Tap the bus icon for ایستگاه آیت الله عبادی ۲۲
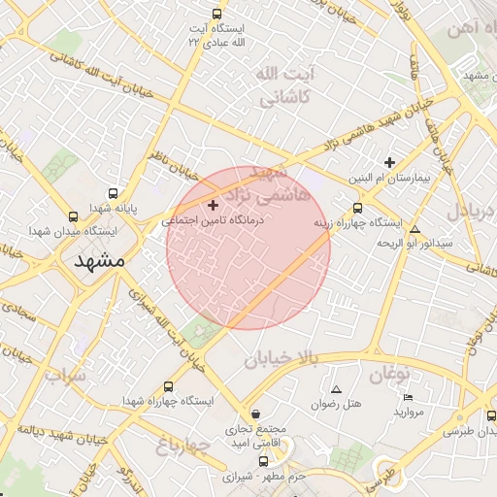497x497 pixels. [x=216, y=15]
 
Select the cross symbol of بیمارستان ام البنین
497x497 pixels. [x=390, y=162]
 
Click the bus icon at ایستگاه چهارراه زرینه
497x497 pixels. [x=358, y=208]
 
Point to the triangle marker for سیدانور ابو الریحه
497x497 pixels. [x=415, y=229]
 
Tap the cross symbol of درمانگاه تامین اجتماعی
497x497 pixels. [x=214, y=205]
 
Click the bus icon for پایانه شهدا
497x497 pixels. [x=114, y=194]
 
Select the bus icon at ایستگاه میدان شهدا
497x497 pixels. [x=73, y=216]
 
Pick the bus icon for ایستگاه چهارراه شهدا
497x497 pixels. [x=170, y=386]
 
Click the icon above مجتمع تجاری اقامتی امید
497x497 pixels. [x=254, y=414]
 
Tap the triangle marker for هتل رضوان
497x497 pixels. [x=337, y=389]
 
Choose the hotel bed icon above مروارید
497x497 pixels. [x=408, y=398]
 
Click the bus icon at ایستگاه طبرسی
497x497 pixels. [x=490, y=415]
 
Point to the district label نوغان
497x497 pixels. [x=389, y=375]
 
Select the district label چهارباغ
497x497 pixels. [x=183, y=447]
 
